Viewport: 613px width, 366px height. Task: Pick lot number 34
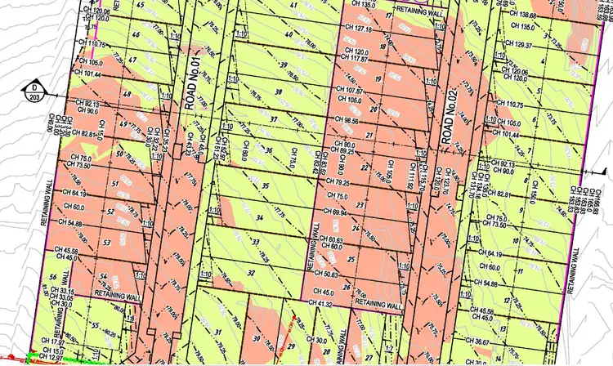coord(258,216)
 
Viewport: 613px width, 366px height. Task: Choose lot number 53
coord(106,243)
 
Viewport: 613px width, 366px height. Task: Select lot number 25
coord(351,261)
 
